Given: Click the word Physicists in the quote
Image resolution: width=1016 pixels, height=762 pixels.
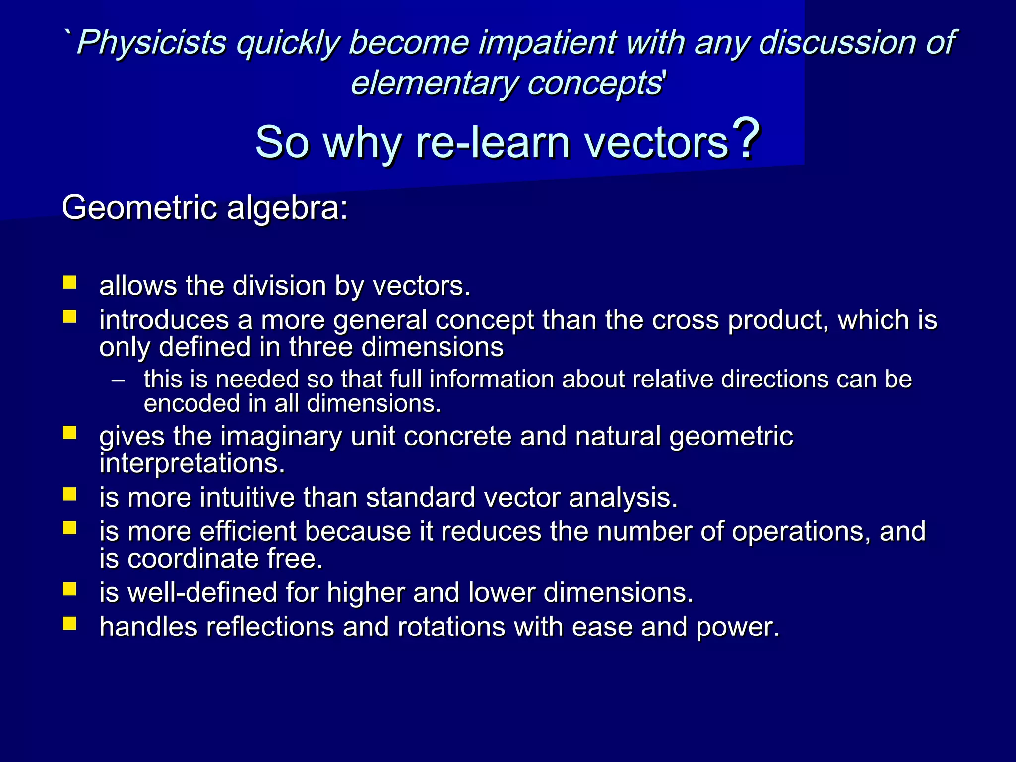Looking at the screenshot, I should click(x=152, y=43).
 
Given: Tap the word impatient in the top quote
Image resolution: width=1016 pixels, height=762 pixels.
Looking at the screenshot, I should click(x=548, y=43).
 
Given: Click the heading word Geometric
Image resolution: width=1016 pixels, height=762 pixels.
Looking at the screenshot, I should click(x=139, y=207).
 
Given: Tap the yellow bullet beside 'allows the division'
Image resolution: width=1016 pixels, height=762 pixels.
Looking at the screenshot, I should click(x=69, y=283).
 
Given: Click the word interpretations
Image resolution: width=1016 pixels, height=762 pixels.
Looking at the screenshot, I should click(x=192, y=464).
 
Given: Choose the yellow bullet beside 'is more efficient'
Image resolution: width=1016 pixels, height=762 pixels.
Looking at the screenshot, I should click(x=69, y=527).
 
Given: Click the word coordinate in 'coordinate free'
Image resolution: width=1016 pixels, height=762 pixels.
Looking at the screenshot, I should click(x=193, y=559).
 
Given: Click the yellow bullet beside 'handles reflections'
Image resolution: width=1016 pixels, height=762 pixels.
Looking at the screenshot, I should click(x=69, y=623).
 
